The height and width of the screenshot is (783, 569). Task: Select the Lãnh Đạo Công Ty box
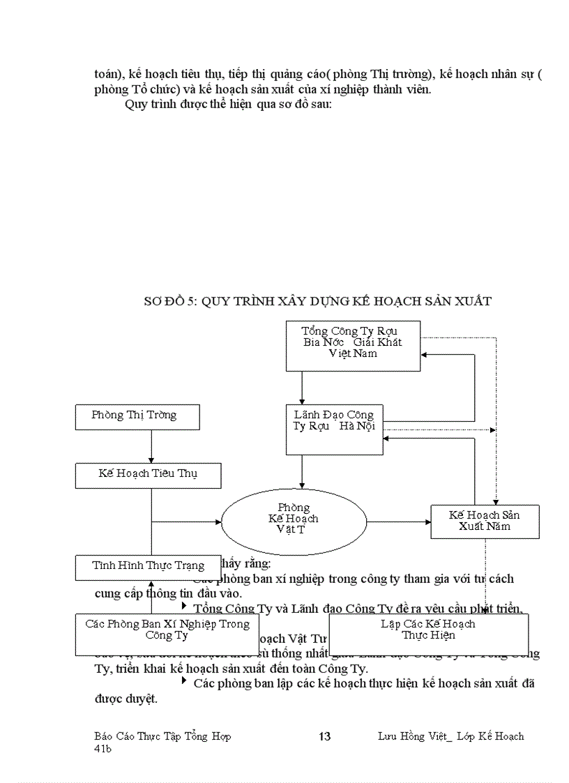pos(335,429)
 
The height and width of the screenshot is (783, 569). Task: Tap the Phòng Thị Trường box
pos(137,416)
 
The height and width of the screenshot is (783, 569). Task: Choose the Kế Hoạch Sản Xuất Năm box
pos(485,522)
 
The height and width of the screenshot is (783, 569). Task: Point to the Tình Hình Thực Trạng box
pos(149,566)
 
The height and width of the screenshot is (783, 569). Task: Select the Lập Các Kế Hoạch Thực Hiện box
pos(427,633)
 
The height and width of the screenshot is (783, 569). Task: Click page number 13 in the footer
pos(324,736)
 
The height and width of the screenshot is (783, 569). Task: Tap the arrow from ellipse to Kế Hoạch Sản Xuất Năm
pos(398,521)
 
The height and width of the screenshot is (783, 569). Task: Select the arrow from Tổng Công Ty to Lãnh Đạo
pos(302,387)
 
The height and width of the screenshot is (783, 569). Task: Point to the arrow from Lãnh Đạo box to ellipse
pos(302,473)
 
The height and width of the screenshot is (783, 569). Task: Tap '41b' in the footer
pos(103,748)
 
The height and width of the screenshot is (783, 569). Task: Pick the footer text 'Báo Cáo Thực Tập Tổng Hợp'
pos(162,736)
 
